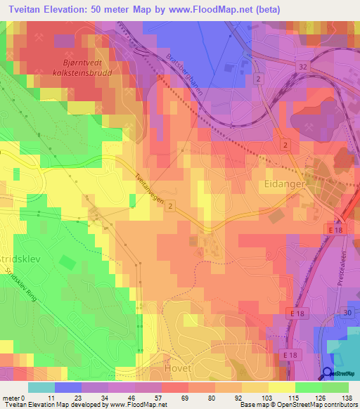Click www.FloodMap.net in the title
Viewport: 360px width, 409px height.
[221, 8]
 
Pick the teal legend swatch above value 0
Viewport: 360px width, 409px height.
[41, 387]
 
